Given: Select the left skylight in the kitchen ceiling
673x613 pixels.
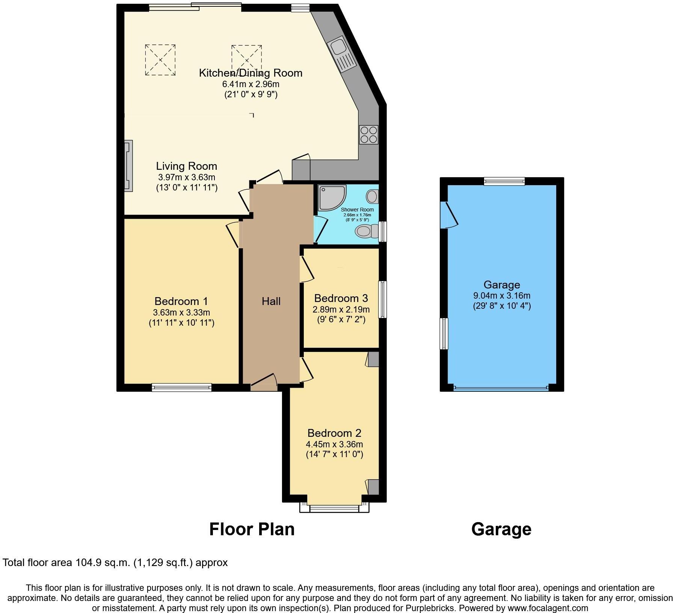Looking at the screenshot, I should (160, 60).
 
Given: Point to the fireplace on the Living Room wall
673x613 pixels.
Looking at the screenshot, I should (128, 166).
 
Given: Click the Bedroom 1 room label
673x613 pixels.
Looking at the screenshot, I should (181, 301).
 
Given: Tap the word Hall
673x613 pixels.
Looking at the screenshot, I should (271, 301).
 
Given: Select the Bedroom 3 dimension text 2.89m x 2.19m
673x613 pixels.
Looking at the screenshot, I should (341, 310).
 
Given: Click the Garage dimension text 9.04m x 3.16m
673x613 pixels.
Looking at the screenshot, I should (502, 296).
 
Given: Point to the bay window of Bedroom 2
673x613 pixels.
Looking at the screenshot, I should (334, 508).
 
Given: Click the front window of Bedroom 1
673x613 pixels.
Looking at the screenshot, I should (182, 387).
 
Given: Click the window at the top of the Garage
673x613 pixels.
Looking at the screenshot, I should (504, 181).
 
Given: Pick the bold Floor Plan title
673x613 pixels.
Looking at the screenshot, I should (252, 529).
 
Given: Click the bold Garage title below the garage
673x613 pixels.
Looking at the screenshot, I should (501, 529).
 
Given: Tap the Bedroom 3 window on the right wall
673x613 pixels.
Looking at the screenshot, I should (382, 299).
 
